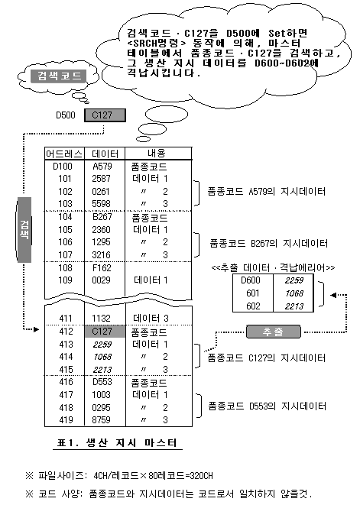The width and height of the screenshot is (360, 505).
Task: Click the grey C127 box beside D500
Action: [x=105, y=115]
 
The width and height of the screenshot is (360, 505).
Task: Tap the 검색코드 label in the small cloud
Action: [x=59, y=76]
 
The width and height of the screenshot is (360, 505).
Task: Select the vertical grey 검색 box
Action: [x=24, y=230]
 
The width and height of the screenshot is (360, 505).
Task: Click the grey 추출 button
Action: [x=274, y=332]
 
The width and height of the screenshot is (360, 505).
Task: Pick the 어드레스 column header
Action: [x=64, y=154]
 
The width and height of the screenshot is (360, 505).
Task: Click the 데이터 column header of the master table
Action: [x=105, y=154]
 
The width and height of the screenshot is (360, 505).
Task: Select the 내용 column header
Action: [x=157, y=154]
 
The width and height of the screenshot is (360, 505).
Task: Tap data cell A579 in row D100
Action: [x=102, y=167]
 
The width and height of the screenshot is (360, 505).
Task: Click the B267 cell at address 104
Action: [x=102, y=217]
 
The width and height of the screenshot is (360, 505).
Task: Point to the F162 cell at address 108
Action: [x=102, y=267]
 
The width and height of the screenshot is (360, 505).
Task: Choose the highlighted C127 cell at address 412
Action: [x=105, y=332]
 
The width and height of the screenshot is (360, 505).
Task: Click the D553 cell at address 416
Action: [x=102, y=382]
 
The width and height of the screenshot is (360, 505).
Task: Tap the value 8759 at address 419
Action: [x=101, y=420]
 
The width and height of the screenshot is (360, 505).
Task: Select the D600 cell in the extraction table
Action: [x=251, y=280]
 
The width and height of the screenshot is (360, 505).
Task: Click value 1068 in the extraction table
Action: [x=294, y=293]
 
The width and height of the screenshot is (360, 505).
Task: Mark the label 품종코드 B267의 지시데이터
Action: [x=269, y=243]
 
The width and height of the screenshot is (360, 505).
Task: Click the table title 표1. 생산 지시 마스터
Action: [x=117, y=442]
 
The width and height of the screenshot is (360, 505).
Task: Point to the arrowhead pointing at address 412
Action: [x=37, y=329]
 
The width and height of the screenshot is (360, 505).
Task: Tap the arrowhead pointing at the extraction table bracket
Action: [x=333, y=295]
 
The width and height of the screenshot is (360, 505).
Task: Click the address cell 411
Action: [x=66, y=319]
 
